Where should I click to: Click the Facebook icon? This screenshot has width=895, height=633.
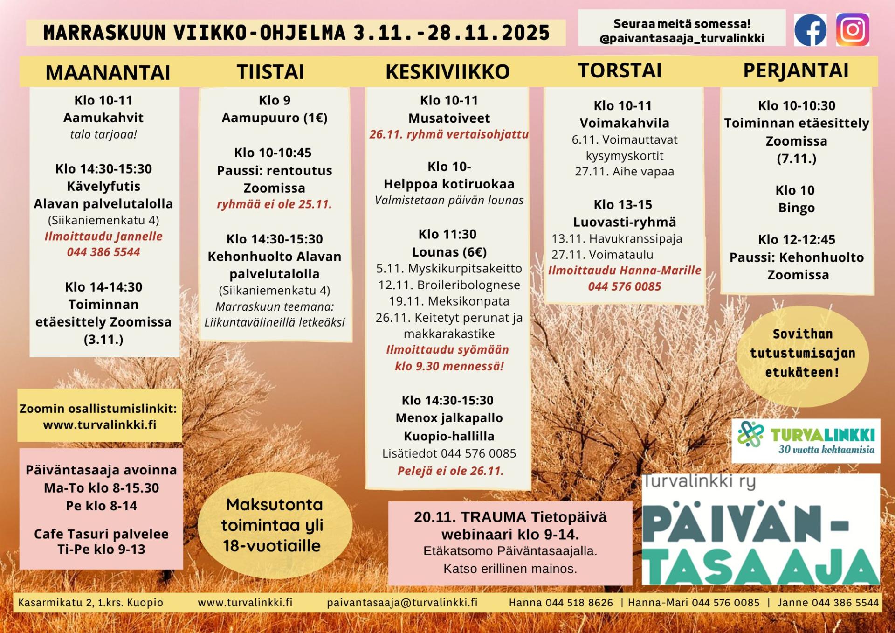pyautogui.click(x=810, y=30)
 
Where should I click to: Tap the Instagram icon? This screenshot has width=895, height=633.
pyautogui.click(x=852, y=30)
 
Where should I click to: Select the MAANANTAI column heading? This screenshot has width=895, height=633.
pyautogui.click(x=108, y=72)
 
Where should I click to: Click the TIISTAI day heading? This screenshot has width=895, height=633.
pyautogui.click(x=270, y=72)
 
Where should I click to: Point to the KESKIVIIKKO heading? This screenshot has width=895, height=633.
pyautogui.click(x=447, y=72)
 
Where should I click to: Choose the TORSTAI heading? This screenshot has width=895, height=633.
pyautogui.click(x=620, y=71)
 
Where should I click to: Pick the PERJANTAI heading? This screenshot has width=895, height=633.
pyautogui.click(x=796, y=71)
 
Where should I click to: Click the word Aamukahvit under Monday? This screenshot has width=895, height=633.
pyautogui.click(x=103, y=118)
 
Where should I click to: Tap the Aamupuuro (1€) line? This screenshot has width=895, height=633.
pyautogui.click(x=275, y=118)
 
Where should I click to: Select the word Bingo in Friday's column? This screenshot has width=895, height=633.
pyautogui.click(x=796, y=208)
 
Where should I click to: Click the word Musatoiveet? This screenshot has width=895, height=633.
pyautogui.click(x=449, y=118)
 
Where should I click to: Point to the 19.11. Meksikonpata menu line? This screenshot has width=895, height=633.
pyautogui.click(x=449, y=301)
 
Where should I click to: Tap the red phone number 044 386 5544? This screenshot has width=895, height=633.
pyautogui.click(x=103, y=252)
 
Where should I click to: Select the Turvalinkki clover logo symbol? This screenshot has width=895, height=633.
pyautogui.click(x=750, y=434)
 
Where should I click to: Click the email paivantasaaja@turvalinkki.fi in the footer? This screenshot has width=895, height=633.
pyautogui.click(x=402, y=602)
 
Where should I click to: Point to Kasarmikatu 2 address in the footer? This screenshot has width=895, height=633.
pyautogui.click(x=90, y=602)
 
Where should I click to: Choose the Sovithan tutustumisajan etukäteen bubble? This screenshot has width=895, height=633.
pyautogui.click(x=802, y=353)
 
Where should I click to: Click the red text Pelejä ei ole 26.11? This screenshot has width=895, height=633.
pyautogui.click(x=450, y=471)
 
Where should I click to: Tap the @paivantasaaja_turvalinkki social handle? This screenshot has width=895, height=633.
pyautogui.click(x=682, y=38)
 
